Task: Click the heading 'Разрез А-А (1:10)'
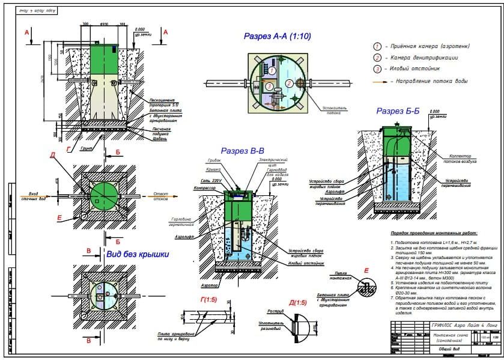277,36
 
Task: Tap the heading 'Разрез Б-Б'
398,111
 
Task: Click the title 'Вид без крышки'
138,255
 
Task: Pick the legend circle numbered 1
377,46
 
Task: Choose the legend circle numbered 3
377,69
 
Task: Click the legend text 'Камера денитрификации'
424,58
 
